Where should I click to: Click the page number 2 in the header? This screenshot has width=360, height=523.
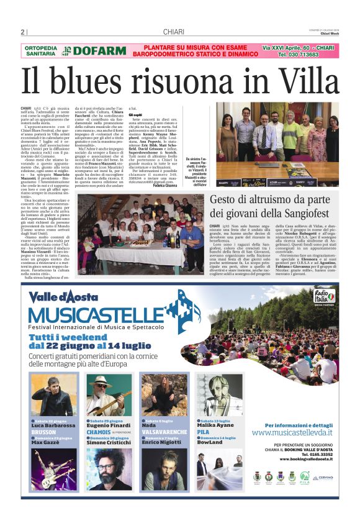tap(22, 32)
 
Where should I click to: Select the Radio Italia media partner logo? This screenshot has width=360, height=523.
tap(324, 296)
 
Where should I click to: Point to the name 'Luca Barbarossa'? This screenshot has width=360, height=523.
tap(54, 425)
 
